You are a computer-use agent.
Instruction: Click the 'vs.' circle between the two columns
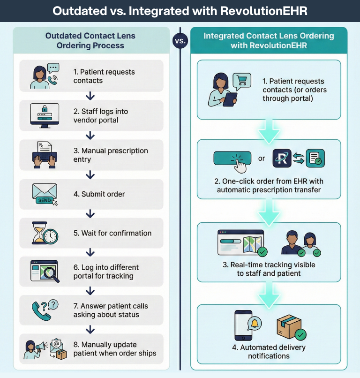coord(180,41)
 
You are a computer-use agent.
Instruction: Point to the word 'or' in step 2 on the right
coord(262,159)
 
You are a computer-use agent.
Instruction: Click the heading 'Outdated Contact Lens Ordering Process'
coord(90,41)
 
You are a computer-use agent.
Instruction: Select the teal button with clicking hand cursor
coord(232,159)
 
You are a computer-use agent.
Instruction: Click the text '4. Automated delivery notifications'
coord(269,352)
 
